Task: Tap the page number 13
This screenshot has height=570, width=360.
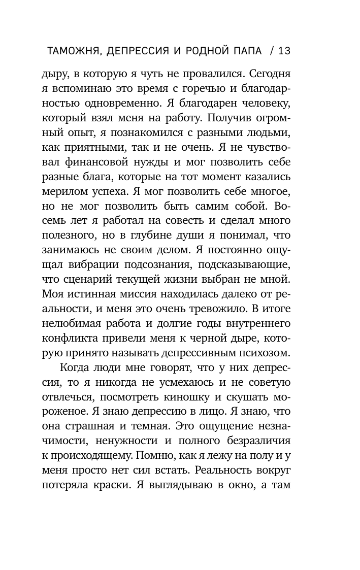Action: pyautogui.click(x=284, y=51)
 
